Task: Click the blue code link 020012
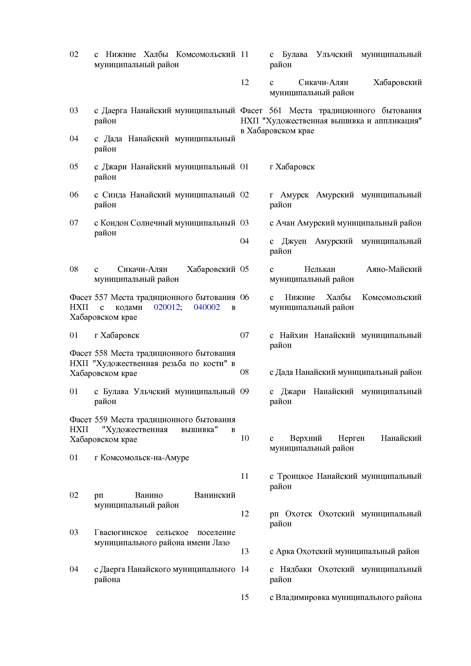[x=167, y=307]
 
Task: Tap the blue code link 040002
[x=207, y=307]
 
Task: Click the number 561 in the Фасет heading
[x=275, y=111]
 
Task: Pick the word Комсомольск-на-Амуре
[x=144, y=458]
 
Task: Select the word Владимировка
[x=302, y=597]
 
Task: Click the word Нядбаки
[x=296, y=569]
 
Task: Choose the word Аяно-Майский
[x=394, y=269]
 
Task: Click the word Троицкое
[x=295, y=476]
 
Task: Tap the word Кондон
[x=114, y=223]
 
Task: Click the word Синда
[x=114, y=195]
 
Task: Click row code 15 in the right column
[x=245, y=597]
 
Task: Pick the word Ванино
[x=149, y=495]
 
